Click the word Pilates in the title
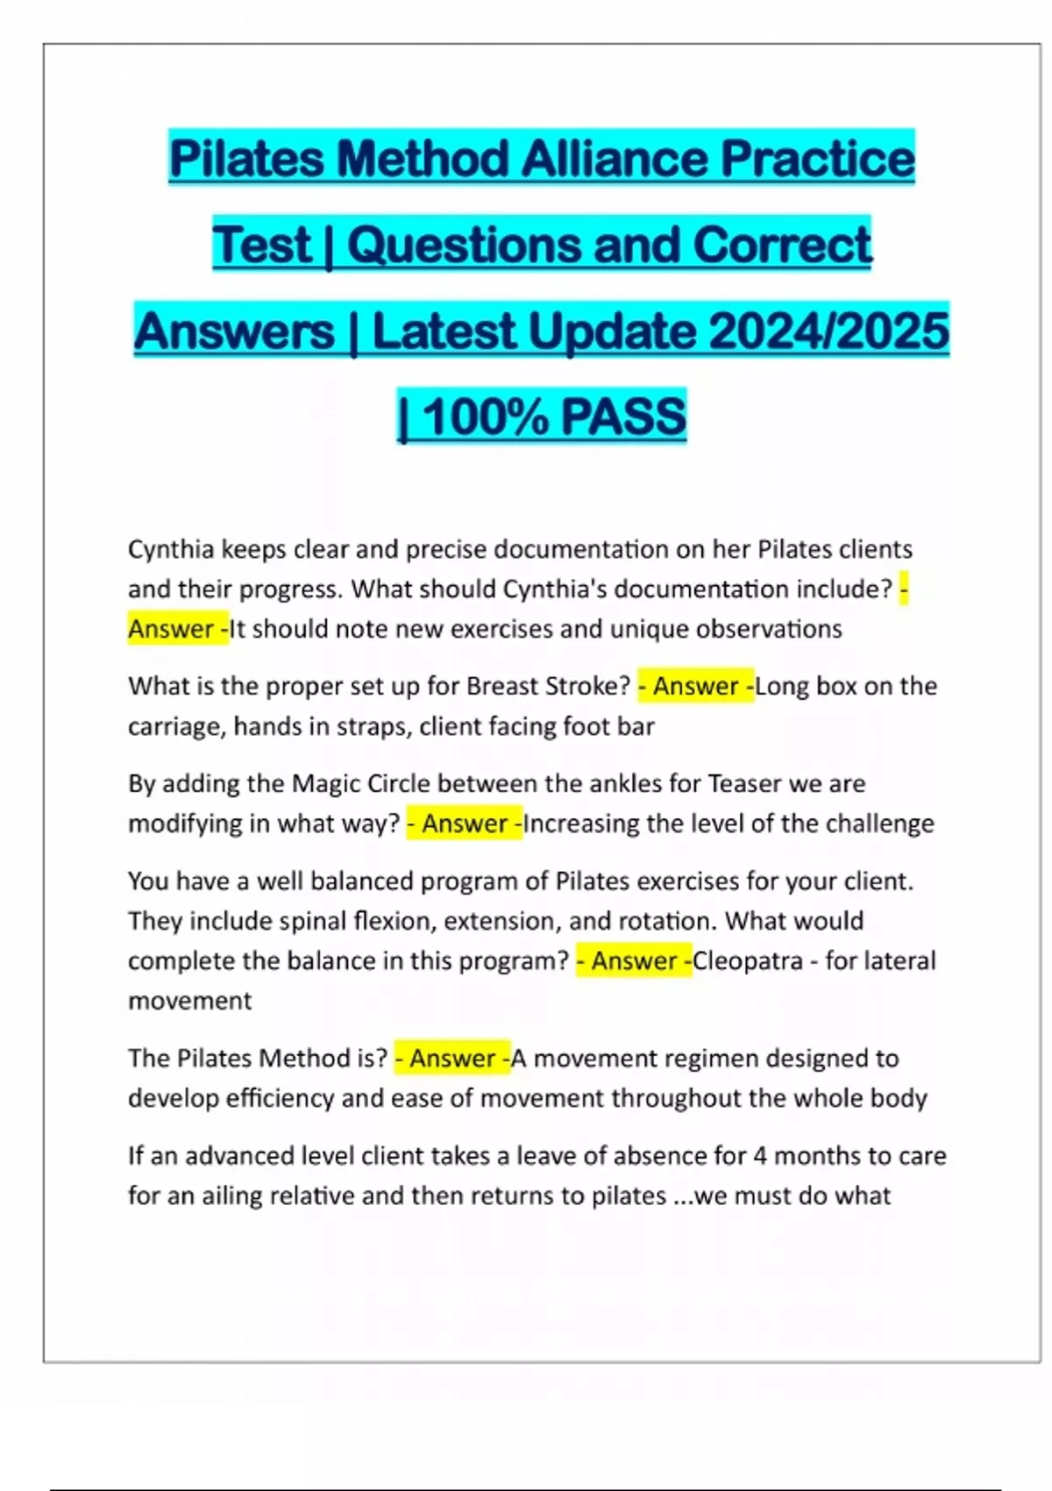pos(249,159)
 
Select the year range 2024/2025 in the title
pos(828,332)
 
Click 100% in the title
pos(484,417)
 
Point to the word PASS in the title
pos(623,417)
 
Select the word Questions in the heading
pos(465,245)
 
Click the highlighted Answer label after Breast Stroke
pos(695,686)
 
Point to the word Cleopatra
pos(747,961)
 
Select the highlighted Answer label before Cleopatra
pos(634,961)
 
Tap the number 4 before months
pos(759,1156)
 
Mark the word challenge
pos(879,824)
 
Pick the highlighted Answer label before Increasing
pos(465,824)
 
